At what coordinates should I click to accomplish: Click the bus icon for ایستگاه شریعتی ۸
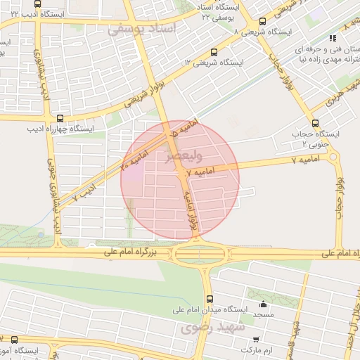pyautogui.click(x=262, y=22)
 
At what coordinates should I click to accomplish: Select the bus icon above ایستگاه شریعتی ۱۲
pyautogui.click(x=214, y=51)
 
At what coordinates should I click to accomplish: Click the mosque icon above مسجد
pyautogui.click(x=264, y=304)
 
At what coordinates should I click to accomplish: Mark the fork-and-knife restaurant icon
pyautogui.click(x=332, y=39)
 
